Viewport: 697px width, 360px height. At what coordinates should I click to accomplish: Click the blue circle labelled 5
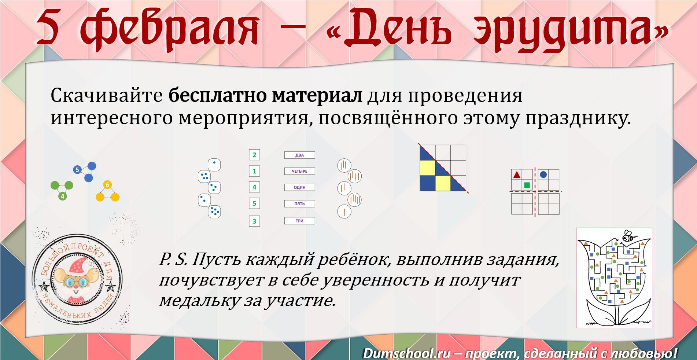click(x=77, y=170)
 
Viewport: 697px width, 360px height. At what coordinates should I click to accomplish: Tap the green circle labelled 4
click(x=63, y=196)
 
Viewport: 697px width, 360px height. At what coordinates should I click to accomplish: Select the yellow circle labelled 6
click(x=107, y=185)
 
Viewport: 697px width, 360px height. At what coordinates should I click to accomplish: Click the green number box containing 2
click(x=254, y=155)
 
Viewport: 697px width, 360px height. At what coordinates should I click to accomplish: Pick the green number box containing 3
click(x=254, y=221)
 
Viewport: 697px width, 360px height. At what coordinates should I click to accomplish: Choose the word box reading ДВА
click(x=299, y=155)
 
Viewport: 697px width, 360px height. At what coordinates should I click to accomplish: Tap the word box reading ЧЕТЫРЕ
click(x=299, y=171)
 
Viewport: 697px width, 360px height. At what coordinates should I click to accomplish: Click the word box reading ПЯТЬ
click(x=299, y=203)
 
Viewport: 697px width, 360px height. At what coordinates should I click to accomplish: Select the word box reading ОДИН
click(x=299, y=187)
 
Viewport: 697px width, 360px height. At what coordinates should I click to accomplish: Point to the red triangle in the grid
click(x=517, y=175)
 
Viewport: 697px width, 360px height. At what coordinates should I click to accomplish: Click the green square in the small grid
click(x=527, y=185)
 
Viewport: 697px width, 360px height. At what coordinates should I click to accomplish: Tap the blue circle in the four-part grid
click(x=543, y=175)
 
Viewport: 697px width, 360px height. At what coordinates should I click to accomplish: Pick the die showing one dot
click(x=214, y=165)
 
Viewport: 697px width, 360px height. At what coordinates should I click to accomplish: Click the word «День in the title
click(x=384, y=29)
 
